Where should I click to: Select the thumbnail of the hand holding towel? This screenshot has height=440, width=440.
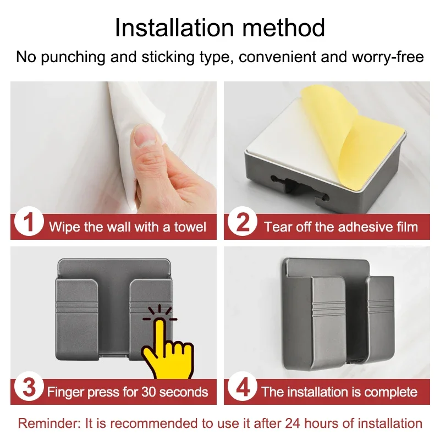pyautogui.click(x=113, y=148)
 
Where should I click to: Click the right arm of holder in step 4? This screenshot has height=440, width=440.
pyautogui.click(x=381, y=324)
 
